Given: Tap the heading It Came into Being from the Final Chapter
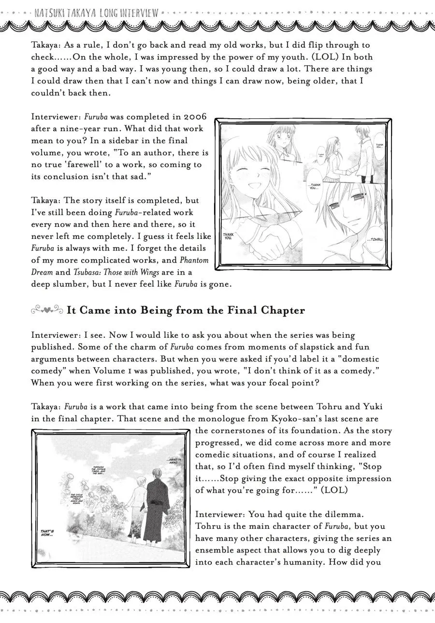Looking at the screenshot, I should (186, 310).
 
